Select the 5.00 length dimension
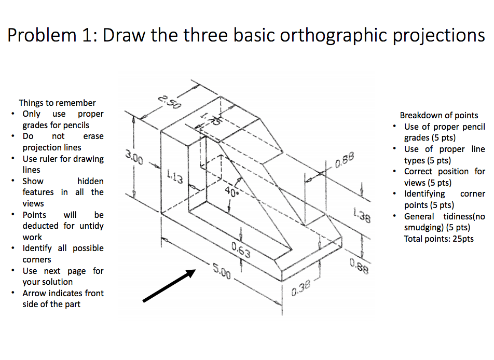[222, 271]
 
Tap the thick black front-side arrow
[169, 285]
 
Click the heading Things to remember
[57, 103]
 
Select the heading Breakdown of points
[439, 115]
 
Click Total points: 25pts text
[438, 239]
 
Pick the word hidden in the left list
[90, 181]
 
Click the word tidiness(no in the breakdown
[462, 216]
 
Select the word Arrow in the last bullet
[34, 293]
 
